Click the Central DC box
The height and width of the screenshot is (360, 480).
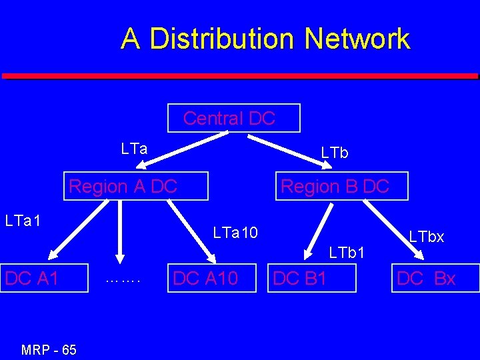234,119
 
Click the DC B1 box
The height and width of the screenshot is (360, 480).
313,278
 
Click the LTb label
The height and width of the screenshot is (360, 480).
335,153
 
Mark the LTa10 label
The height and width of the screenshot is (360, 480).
235,233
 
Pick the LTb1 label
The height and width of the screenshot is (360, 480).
347,253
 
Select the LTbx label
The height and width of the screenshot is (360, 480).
427,237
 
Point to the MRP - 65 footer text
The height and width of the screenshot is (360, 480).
49,350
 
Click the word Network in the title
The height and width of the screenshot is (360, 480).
357,39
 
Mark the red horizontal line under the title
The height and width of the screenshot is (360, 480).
240,76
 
